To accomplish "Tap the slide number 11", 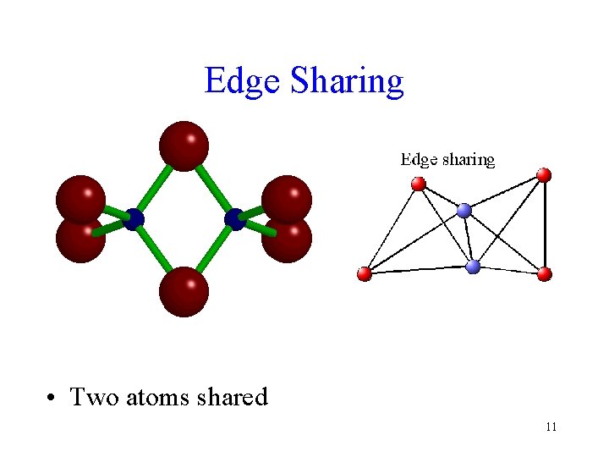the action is [x=551, y=427].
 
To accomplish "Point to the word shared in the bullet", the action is [x=232, y=397].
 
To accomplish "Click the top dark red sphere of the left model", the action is [x=184, y=145].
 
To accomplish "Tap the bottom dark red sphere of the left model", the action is [x=184, y=291].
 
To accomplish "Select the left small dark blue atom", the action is [x=134, y=219].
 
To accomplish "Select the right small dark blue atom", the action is [x=235, y=219].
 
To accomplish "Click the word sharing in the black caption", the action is [x=468, y=159].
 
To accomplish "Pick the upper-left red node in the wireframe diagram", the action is [x=418, y=184].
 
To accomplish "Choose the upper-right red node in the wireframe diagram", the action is [x=544, y=174].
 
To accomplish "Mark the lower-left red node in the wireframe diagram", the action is [x=365, y=273].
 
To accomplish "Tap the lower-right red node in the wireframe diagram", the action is [x=545, y=273].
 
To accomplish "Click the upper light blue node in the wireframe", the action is [x=464, y=210].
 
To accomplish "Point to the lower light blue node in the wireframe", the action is [x=473, y=267].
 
